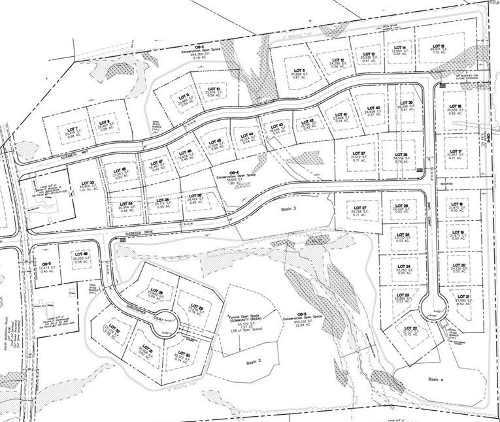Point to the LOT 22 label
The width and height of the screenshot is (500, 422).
tap(410, 331)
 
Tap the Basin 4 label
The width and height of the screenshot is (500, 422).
tap(436, 379)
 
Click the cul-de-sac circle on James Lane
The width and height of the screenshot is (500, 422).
tap(432, 305)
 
